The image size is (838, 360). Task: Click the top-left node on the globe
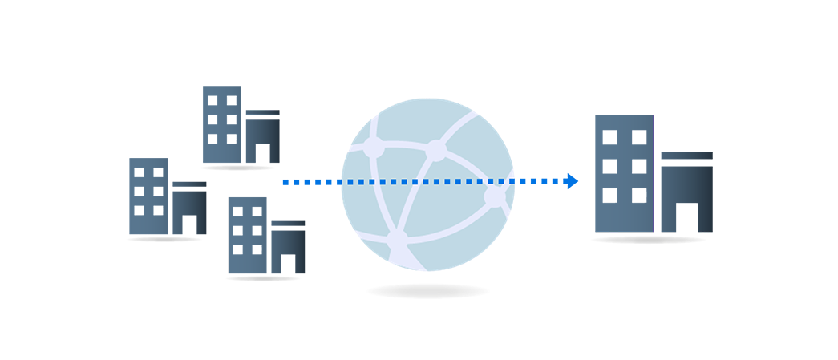coord(372,147)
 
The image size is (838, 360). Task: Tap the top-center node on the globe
coord(435,148)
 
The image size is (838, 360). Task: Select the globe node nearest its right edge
coord(495,195)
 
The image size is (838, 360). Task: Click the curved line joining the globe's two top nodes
coord(403,145)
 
